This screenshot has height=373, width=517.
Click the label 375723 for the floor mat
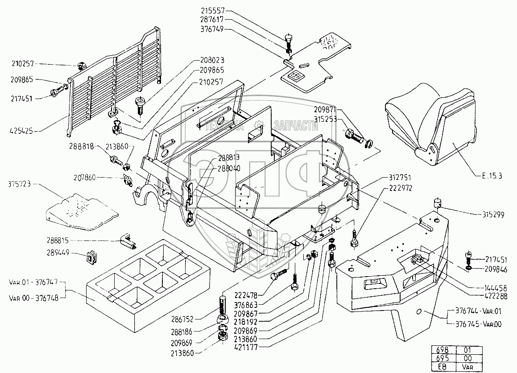coord(20,183)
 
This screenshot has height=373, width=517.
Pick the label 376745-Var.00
coord(477,324)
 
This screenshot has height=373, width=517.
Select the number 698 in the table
coord(440,349)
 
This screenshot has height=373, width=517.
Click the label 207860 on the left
coord(85,178)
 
